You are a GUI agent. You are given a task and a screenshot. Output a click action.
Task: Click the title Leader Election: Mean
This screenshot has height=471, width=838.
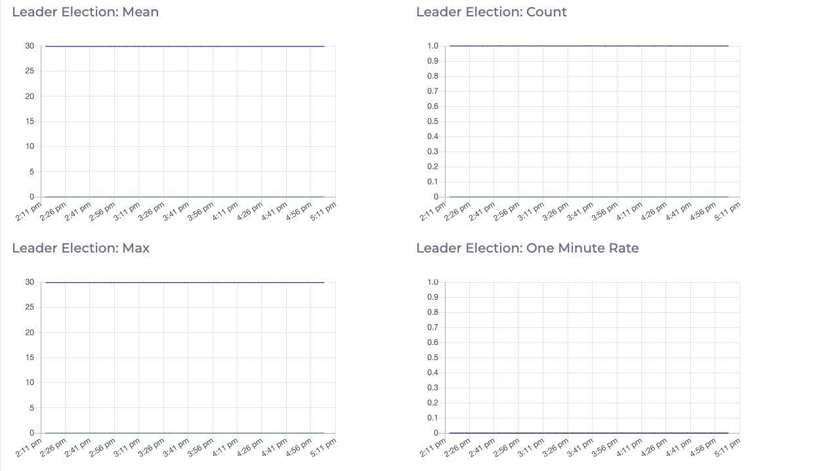coord(85,12)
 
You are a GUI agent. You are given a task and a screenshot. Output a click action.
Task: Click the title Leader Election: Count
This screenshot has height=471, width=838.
coord(491,12)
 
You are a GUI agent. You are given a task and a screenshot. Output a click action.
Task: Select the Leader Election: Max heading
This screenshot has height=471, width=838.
coord(81,248)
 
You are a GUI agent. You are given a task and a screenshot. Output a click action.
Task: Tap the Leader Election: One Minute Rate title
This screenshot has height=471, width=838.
coord(527,248)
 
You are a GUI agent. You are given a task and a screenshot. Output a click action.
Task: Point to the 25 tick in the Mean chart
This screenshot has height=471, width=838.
coord(30,71)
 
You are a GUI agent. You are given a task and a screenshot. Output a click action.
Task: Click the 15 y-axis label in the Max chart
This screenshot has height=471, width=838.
coord(30,358)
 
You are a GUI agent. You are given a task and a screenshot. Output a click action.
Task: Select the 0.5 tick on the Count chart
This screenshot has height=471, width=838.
coord(432,121)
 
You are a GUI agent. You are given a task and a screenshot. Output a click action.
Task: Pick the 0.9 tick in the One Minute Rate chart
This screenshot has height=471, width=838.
coord(432,297)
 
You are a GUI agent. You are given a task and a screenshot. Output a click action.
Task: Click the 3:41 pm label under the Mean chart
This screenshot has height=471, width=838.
coord(176,211)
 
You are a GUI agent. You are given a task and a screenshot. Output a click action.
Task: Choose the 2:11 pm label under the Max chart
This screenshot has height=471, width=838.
coord(29,447)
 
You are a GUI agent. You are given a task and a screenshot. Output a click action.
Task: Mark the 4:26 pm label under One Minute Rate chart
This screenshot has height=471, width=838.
coord(654,447)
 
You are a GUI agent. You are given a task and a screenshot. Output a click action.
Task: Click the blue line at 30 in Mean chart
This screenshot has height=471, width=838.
coord(184,46)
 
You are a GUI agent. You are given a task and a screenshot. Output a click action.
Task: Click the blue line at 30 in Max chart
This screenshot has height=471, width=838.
coord(184,282)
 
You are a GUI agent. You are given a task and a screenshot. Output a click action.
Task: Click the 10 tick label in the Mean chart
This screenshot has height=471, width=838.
coord(30,146)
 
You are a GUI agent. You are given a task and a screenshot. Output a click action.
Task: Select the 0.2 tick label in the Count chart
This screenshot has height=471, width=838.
coord(432,167)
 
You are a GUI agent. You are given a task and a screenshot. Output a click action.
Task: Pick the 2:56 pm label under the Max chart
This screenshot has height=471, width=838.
coord(102,447)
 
